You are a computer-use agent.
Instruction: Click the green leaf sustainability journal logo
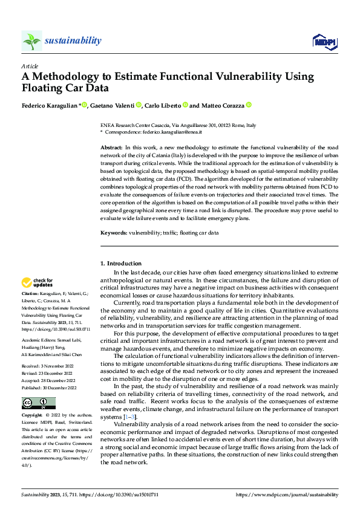point(31,41)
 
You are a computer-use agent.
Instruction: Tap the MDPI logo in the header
point(324,41)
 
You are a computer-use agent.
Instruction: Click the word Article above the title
point(30,66)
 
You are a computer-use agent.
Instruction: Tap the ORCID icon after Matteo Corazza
point(248,105)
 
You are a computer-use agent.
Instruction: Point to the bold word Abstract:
point(111,148)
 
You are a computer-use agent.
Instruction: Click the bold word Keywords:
point(114,232)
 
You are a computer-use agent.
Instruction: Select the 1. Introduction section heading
point(121,264)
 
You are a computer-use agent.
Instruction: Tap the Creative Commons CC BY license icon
point(38,386)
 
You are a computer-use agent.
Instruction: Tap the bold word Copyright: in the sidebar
point(32,399)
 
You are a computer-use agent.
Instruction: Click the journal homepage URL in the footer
point(286,494)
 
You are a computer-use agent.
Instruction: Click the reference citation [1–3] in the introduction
point(129,417)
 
